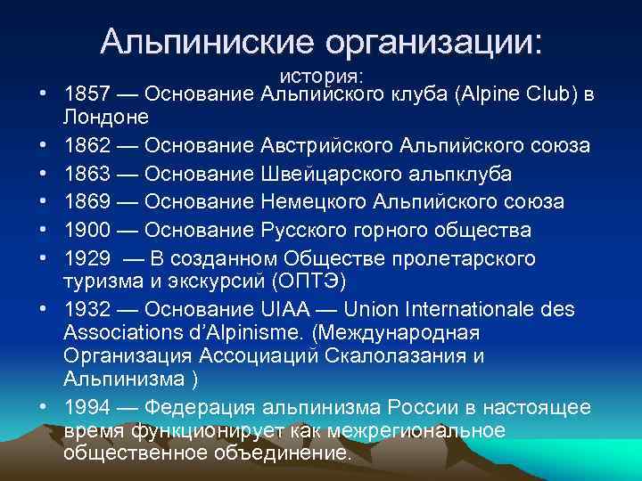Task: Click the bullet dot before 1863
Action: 43,174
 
